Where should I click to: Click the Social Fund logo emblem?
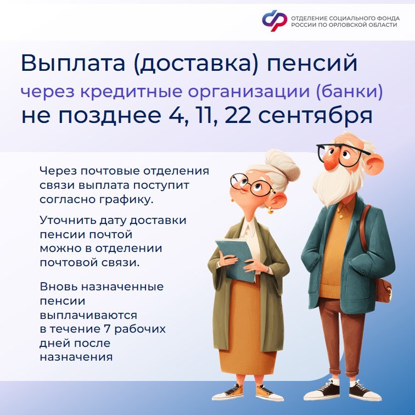coord(274,20)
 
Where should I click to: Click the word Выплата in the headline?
coord(73,63)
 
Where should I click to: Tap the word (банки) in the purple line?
coord(349,91)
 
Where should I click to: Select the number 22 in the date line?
coord(238,116)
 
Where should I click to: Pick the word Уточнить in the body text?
coord(68,220)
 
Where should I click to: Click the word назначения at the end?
coord(76,357)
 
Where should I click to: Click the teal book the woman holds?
coord(235,259)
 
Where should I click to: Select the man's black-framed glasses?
coord(342,155)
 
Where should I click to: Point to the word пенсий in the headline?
coord(312,63)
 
